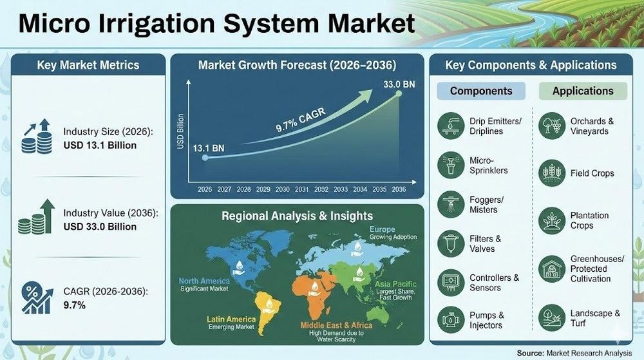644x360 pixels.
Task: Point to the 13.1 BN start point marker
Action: [205, 157]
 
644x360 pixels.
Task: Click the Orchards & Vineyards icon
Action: [552, 125]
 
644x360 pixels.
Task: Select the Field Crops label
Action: [592, 173]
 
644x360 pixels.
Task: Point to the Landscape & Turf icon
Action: [552, 317]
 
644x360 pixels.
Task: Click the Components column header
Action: [481, 91]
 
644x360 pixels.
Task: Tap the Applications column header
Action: [583, 91]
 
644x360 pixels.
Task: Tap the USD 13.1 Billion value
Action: [100, 145]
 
